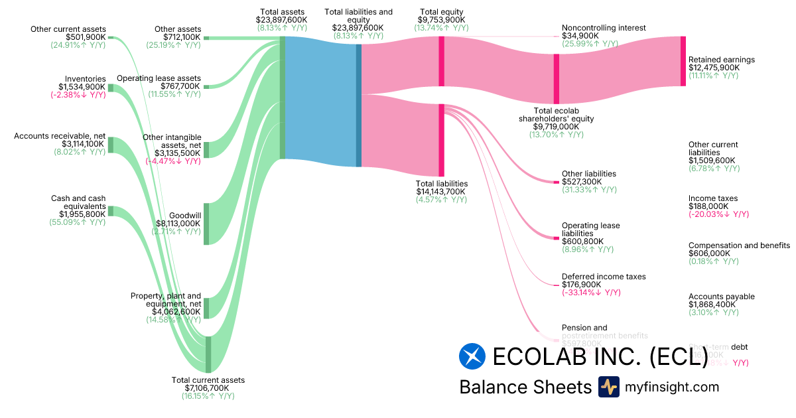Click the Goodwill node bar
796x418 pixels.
click(206, 224)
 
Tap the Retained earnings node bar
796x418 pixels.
click(683, 61)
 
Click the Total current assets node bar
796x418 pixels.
click(208, 354)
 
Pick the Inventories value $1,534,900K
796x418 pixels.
click(82, 87)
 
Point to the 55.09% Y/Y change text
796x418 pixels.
click(78, 222)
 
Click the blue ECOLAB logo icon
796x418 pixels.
click(472, 356)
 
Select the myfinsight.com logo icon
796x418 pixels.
click(608, 387)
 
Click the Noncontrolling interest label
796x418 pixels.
click(604, 28)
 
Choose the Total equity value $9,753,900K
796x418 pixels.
click(441, 20)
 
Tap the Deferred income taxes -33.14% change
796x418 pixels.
click(591, 293)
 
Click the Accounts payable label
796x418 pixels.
click(722, 297)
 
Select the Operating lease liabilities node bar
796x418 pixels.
click(557, 238)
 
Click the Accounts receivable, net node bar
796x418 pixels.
click(111, 145)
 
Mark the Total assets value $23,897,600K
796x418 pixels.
click(282, 20)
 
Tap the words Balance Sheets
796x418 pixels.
click(525, 387)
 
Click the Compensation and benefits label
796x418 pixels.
click(739, 245)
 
